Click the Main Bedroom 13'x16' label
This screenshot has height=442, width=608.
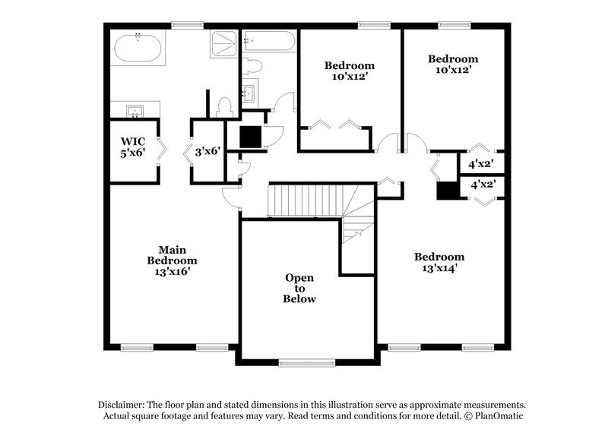pyautogui.click(x=172, y=260)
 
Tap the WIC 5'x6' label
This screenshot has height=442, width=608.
pyautogui.click(x=134, y=146)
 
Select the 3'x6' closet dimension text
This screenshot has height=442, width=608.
pyautogui.click(x=207, y=151)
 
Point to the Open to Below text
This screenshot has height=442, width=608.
pyautogui.click(x=300, y=289)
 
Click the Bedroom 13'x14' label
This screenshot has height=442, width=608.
pyautogui.click(x=439, y=262)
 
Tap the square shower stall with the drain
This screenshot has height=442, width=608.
pyautogui.click(x=223, y=44)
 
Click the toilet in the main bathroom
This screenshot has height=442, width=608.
pyautogui.click(x=224, y=108)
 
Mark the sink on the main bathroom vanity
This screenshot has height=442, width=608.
pyautogui.click(x=135, y=112)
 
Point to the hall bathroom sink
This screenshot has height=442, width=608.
pyautogui.click(x=250, y=93)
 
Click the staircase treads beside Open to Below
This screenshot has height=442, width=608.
pyautogui.click(x=302, y=200)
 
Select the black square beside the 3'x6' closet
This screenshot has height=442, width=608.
pyautogui.click(x=250, y=137)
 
